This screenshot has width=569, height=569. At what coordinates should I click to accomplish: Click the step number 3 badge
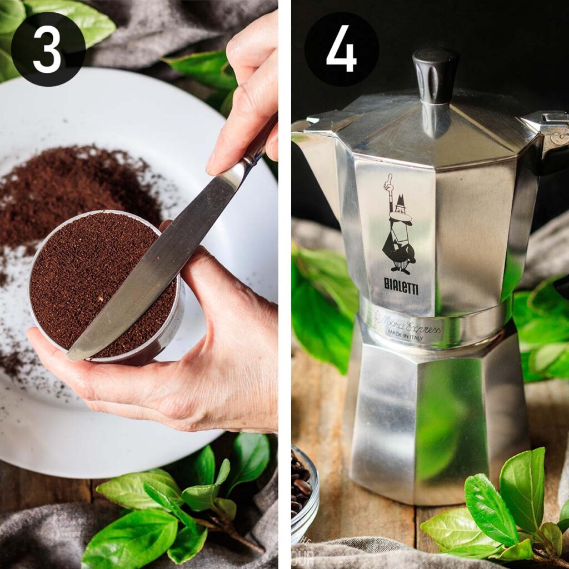(48, 49)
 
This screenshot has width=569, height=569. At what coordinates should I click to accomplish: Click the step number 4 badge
(341, 49)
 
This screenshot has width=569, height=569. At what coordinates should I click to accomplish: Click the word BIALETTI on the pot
(401, 286)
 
